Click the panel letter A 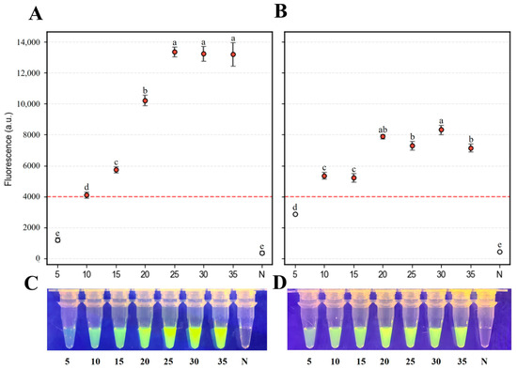(36, 14)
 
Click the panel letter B (280, 11)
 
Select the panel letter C (31, 284)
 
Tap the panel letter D (279, 284)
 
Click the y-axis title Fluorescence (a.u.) (8, 149)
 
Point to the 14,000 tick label (28, 42)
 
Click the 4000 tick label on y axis (31, 196)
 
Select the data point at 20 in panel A (145, 100)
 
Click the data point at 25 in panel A (175, 52)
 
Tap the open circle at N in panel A (262, 253)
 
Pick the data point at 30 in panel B (441, 130)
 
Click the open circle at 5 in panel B (295, 214)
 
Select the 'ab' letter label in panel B (383, 130)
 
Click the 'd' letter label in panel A (86, 187)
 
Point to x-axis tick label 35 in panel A (233, 274)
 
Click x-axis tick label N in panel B (499, 274)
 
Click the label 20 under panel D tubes (384, 361)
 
